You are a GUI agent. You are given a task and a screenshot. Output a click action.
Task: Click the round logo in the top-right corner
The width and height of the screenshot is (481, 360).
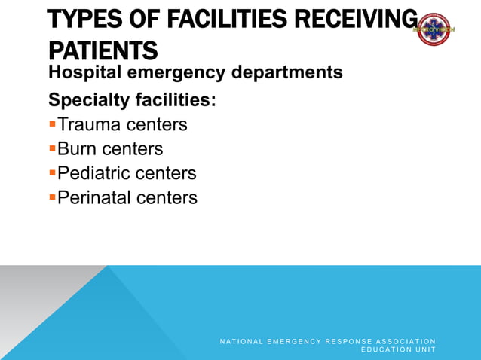click(x=437, y=29)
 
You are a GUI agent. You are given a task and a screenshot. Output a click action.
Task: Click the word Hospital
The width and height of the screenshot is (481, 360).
click(x=82, y=74)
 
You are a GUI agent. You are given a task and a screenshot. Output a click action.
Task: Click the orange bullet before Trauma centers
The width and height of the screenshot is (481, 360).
click(x=52, y=123)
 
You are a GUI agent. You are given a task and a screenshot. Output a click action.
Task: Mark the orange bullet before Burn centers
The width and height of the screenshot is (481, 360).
click(x=52, y=148)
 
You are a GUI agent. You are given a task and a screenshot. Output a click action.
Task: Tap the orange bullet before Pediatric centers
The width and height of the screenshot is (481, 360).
click(x=52, y=172)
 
